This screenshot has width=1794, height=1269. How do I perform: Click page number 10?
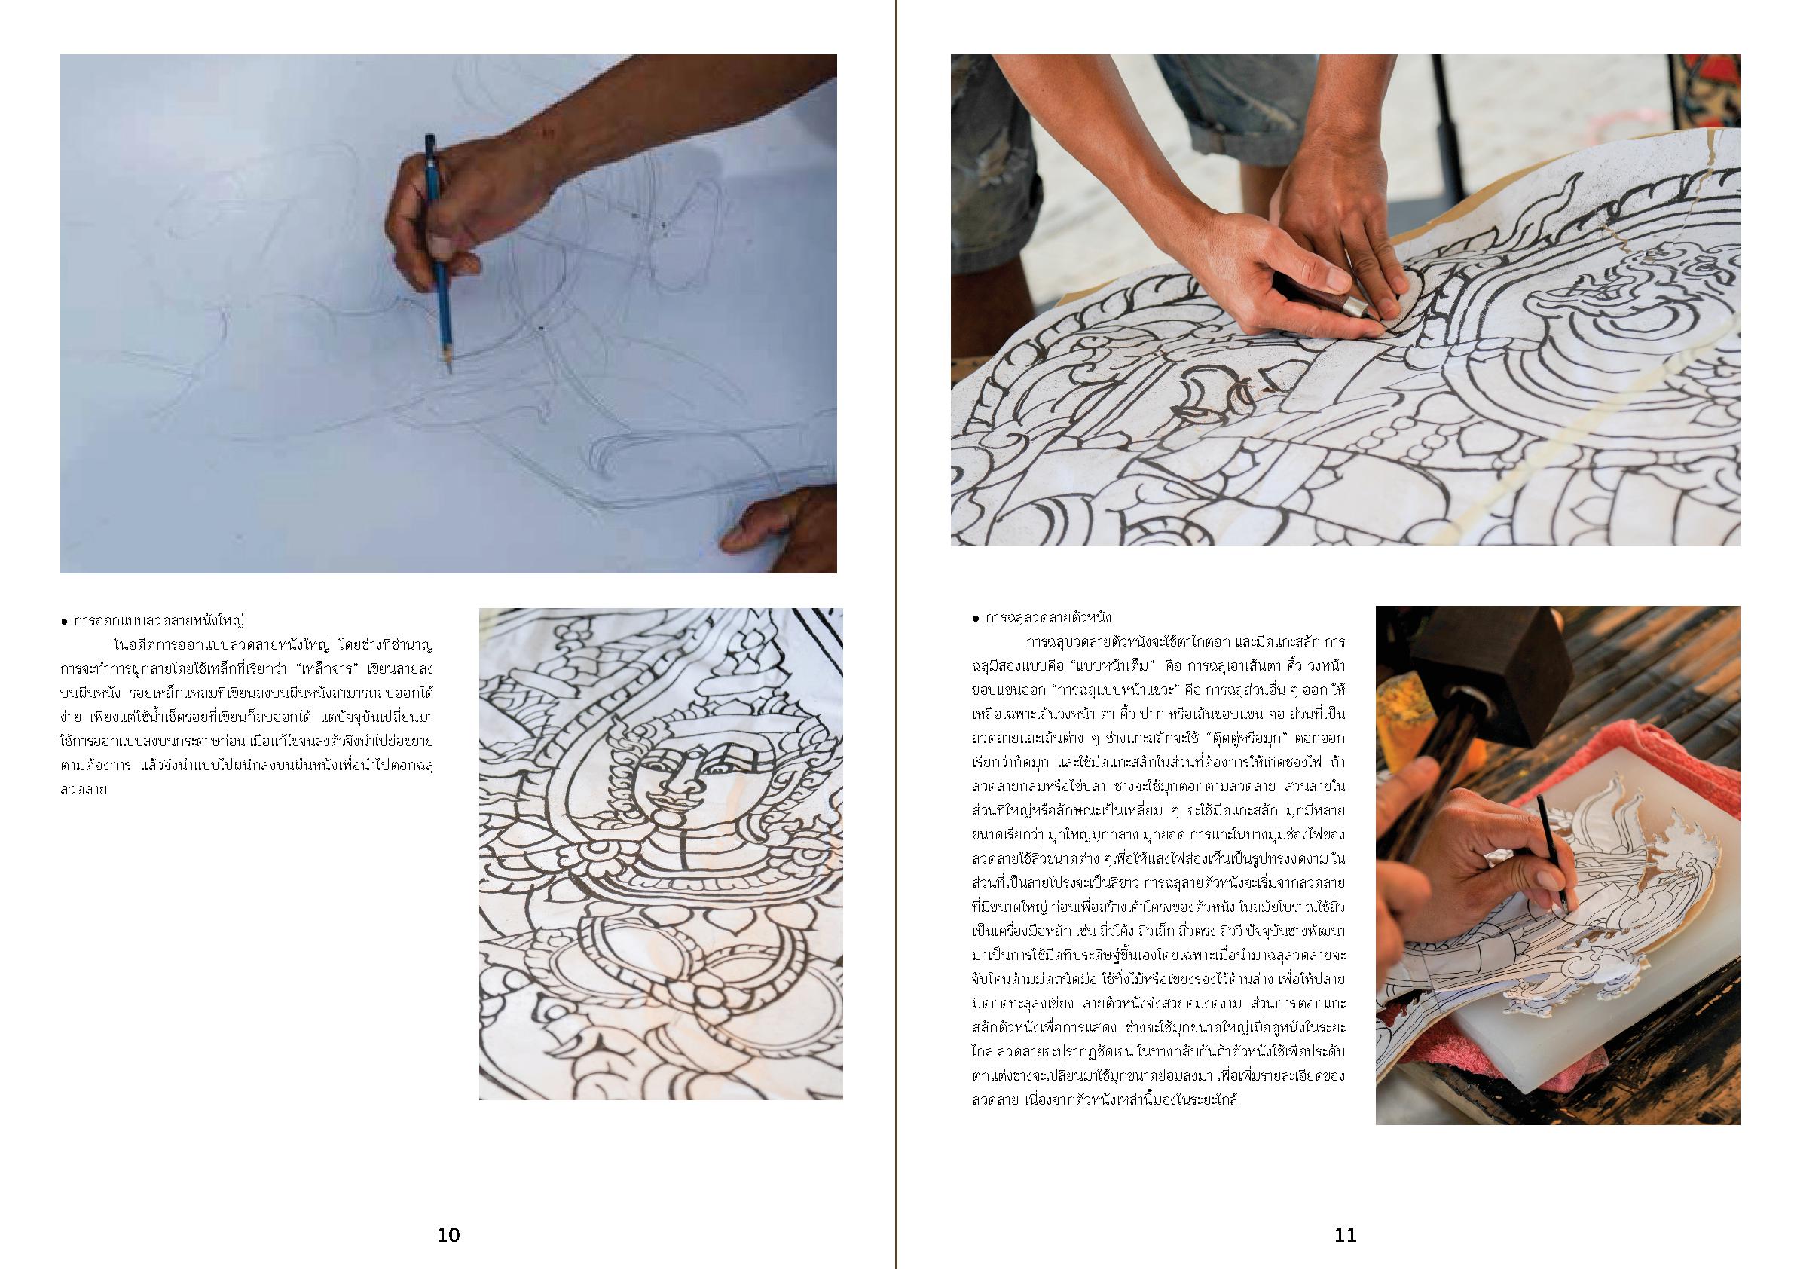tap(448, 1234)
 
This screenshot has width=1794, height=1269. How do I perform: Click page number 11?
tap(1345, 1234)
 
